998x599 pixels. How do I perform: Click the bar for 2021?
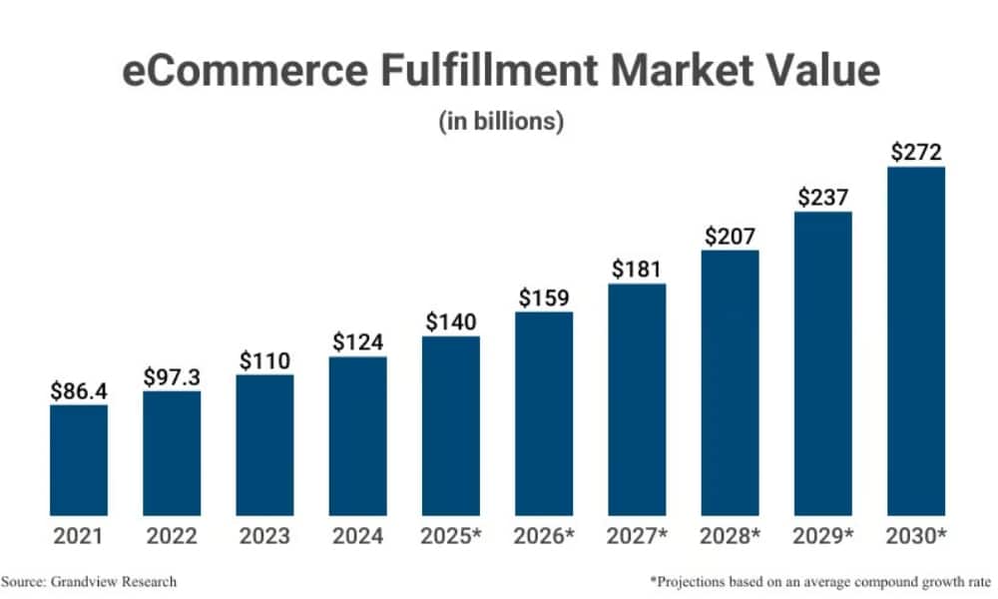(x=79, y=459)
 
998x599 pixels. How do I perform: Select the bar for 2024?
(x=357, y=435)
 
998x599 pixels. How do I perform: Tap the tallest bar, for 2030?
(x=915, y=340)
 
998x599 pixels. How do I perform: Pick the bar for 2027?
(x=637, y=399)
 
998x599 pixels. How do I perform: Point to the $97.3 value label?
(x=172, y=377)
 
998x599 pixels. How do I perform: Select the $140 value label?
(x=451, y=322)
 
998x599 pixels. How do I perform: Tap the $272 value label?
(x=915, y=153)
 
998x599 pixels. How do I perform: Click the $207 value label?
(x=730, y=237)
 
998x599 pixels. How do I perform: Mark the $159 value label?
(x=544, y=298)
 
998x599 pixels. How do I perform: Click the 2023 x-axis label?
(x=264, y=536)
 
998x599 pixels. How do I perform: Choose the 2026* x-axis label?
(x=544, y=536)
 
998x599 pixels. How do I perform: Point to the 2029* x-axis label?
(x=823, y=536)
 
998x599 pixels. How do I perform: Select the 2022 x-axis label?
(x=172, y=536)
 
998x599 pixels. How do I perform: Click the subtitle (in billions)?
(x=501, y=122)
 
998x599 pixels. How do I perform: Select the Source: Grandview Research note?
(x=89, y=581)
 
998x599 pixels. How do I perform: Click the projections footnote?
(x=820, y=581)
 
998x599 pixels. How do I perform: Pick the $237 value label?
(x=823, y=198)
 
